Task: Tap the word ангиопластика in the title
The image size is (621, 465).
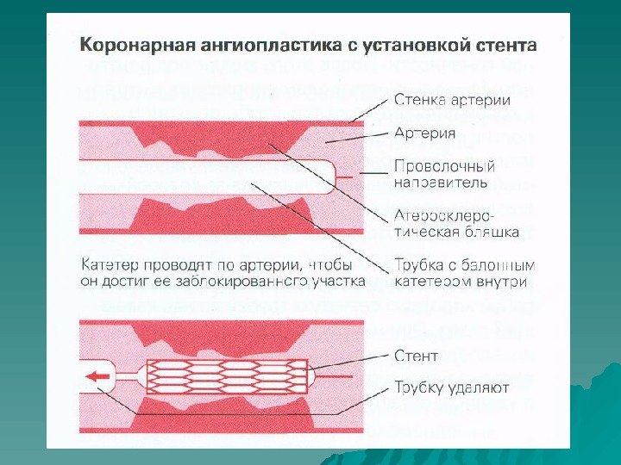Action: pos(250,44)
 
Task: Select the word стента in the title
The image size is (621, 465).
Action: pos(500,44)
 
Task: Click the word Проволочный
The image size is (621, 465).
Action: pos(443,166)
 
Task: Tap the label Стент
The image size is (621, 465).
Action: pos(416,355)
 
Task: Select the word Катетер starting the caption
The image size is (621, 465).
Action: pos(111,264)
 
